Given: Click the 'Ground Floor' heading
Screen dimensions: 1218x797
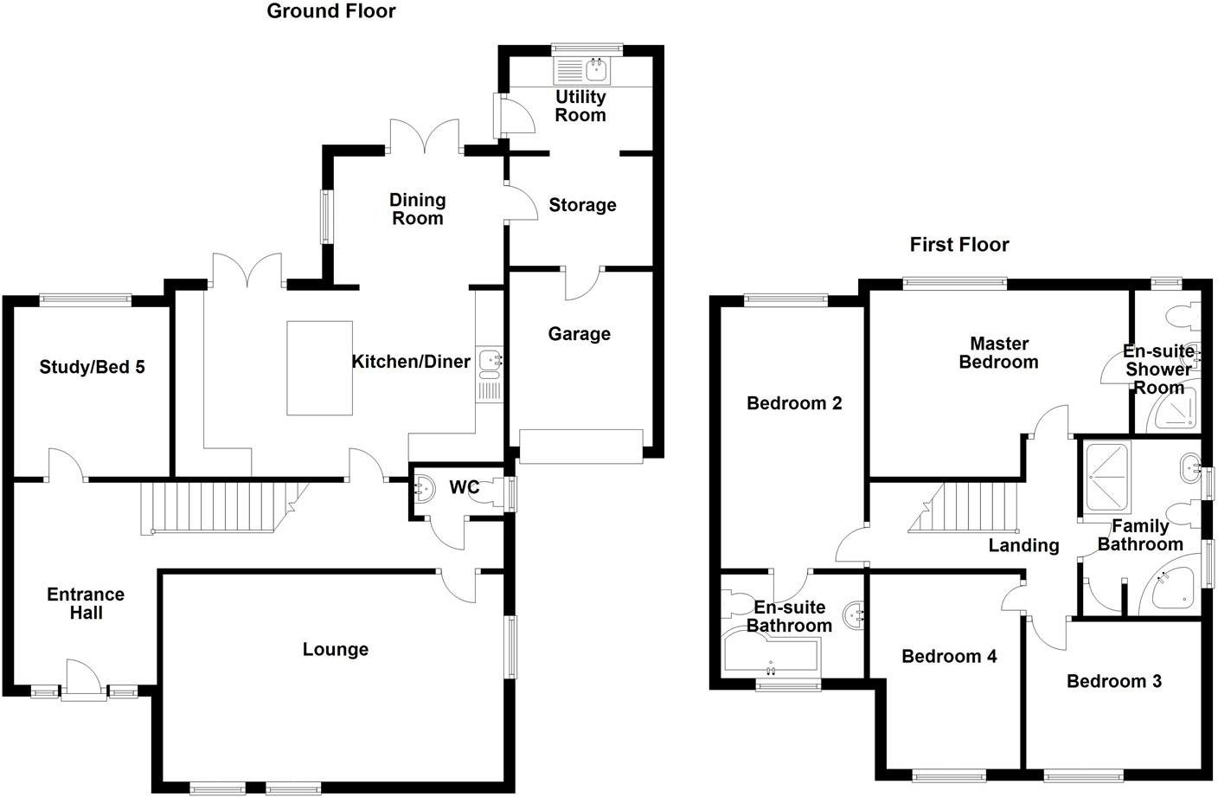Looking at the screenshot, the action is [x=331, y=11].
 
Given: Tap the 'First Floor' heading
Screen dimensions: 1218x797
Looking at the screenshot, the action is [x=959, y=245].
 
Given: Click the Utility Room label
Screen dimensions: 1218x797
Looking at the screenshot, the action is [x=580, y=106].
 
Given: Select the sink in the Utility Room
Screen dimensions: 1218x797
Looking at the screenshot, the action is [x=597, y=69].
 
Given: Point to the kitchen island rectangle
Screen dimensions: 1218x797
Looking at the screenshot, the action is [x=320, y=368].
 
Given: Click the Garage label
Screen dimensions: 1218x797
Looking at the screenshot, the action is [x=579, y=333].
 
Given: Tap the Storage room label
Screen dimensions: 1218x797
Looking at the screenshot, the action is [x=582, y=205].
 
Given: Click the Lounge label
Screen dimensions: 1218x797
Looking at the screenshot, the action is [x=336, y=649].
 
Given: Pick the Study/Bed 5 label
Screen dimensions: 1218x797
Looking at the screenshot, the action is [x=92, y=367].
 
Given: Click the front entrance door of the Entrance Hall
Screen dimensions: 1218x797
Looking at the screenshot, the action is [x=83, y=680].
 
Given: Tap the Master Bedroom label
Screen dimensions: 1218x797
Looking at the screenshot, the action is [x=999, y=352].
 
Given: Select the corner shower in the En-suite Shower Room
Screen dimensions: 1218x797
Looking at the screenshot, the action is [x=1172, y=409].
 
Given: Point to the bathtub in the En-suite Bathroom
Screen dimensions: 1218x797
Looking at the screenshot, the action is [x=771, y=654].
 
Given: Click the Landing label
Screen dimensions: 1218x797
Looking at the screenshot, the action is [x=1023, y=545].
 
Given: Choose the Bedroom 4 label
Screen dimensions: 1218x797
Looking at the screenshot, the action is [x=949, y=656].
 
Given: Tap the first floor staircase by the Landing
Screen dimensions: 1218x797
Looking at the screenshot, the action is [x=964, y=508].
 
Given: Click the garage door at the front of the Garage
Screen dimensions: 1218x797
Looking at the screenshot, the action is [x=580, y=447].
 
